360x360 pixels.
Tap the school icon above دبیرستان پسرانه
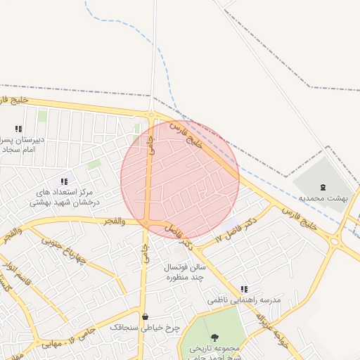click(x=18, y=129)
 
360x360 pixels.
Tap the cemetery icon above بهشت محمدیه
click(x=323, y=187)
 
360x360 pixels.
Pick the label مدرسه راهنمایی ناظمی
click(x=244, y=300)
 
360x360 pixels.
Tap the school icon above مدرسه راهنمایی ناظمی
click(x=244, y=289)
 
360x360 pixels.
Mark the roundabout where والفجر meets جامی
click(x=146, y=223)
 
